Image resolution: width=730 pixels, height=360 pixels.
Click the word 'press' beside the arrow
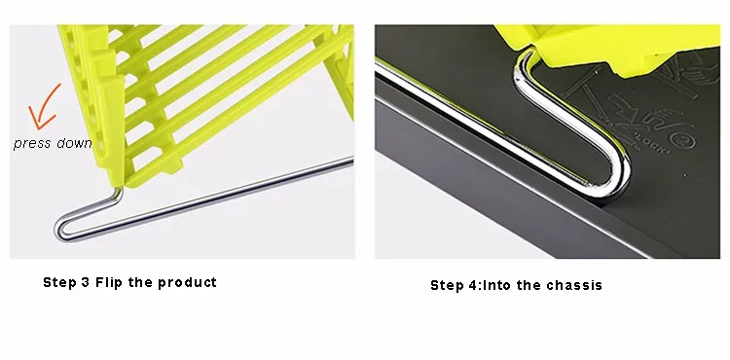[x=32, y=144]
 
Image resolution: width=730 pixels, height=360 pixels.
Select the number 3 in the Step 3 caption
[x=86, y=283]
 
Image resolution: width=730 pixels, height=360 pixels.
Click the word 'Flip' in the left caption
[x=112, y=283]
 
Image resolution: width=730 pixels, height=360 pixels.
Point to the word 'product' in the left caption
[x=189, y=283]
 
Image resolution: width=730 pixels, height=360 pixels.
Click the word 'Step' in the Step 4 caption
[x=448, y=286]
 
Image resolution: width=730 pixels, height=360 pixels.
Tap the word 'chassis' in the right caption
[x=576, y=286]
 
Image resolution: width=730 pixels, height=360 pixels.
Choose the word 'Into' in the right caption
[x=496, y=286]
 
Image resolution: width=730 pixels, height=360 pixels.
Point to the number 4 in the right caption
[x=471, y=286]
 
